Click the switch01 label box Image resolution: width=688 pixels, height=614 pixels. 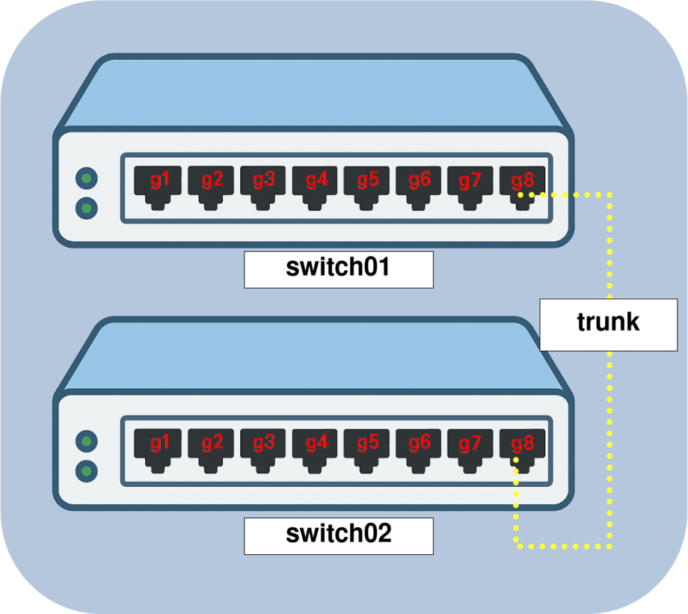tap(338, 269)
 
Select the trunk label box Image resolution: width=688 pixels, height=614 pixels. tap(608, 323)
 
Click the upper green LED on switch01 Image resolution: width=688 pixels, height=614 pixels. tap(87, 178)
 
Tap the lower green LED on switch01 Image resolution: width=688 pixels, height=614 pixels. tap(87, 207)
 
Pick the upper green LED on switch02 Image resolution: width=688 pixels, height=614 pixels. tap(87, 442)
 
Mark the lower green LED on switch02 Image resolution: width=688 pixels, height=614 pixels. tap(87, 471)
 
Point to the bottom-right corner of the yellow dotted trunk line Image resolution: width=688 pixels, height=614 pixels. tap(609, 547)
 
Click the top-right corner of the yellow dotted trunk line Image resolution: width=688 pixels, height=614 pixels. tap(609, 194)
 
